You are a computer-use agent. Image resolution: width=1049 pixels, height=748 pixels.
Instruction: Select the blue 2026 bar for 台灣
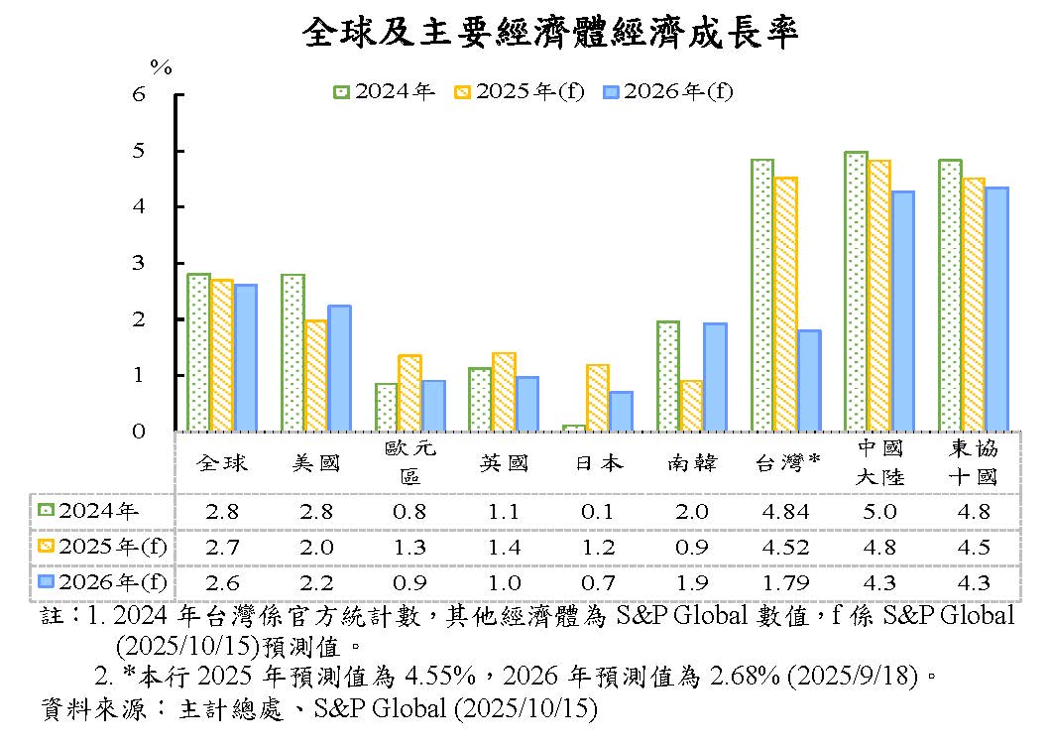pyautogui.click(x=809, y=381)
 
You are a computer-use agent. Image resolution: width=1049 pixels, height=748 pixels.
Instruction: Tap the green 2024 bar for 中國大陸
pyautogui.click(x=856, y=292)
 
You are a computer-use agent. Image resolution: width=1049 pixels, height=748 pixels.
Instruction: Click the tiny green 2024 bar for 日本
pyautogui.click(x=574, y=428)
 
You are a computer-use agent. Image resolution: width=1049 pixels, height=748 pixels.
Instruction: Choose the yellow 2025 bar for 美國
pyautogui.click(x=315, y=375)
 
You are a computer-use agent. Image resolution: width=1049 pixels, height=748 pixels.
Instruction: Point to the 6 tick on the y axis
pyautogui.click(x=139, y=95)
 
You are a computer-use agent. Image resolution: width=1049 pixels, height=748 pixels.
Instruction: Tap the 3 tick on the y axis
pyautogui.click(x=139, y=264)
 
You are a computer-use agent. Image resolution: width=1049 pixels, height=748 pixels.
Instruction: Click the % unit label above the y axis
pyautogui.click(x=161, y=67)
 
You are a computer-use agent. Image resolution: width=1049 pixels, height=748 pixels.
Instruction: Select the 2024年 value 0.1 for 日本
pyautogui.click(x=597, y=512)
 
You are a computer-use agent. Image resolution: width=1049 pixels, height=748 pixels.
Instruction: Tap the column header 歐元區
pyautogui.click(x=409, y=462)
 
